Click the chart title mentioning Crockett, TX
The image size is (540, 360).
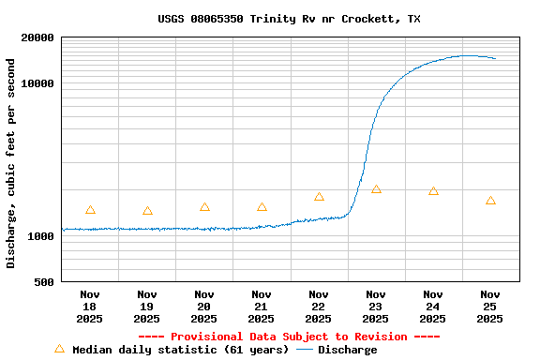[x=289, y=19]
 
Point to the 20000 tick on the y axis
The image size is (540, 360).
[x=37, y=38]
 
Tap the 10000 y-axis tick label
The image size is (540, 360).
[x=37, y=83]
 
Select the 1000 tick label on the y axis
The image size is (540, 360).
[x=41, y=236]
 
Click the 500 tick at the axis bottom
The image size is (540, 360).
[x=45, y=282]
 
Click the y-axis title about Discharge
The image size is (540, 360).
[x=11, y=163]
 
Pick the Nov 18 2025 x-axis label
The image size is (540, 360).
[x=90, y=306]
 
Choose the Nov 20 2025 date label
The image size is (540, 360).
[x=204, y=306]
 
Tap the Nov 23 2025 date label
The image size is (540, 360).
[x=376, y=306]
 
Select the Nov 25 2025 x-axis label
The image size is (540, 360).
[x=490, y=306]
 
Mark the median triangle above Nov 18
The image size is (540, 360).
[x=90, y=210]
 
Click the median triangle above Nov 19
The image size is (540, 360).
[x=147, y=211]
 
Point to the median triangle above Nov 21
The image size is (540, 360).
[x=262, y=207]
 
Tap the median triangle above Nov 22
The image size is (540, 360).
[x=319, y=197]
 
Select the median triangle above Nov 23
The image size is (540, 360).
[x=376, y=189]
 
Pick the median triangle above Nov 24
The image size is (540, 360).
[x=433, y=191]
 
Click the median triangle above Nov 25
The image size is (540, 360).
[x=490, y=201]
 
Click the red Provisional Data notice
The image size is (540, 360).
[x=289, y=337]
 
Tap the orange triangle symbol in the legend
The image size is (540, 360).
[x=59, y=349]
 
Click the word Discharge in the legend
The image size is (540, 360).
[x=347, y=350]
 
